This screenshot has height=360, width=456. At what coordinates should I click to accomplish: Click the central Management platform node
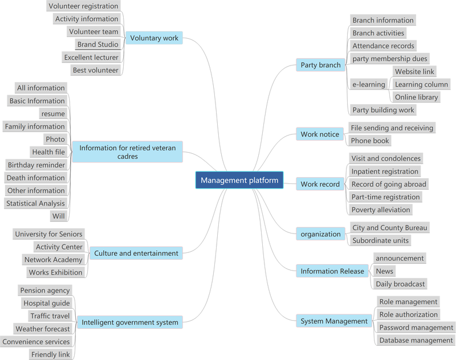239,180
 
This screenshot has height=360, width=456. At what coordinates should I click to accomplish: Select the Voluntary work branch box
154,38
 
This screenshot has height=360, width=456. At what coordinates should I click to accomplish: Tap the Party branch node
320,65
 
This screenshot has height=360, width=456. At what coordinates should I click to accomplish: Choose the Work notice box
320,134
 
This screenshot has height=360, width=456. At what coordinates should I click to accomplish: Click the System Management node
334,321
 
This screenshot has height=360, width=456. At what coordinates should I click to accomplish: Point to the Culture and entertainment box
136,253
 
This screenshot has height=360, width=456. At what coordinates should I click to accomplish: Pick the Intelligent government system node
130,322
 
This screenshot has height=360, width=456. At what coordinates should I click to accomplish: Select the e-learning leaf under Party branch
369,84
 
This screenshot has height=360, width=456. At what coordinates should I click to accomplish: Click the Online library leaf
416,97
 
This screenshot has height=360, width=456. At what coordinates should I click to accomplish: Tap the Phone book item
369,141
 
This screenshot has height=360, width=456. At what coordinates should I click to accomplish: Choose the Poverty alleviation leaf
381,210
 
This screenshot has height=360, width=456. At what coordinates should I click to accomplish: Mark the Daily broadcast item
400,284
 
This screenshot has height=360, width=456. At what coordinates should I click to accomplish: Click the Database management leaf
416,340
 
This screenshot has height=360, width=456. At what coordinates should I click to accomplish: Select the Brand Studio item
97,44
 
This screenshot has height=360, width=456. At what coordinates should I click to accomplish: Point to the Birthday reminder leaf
36,165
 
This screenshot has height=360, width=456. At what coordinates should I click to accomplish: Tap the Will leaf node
59,216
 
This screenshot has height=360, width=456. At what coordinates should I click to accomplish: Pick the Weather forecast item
43,329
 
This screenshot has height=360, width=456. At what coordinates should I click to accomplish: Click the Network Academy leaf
53,260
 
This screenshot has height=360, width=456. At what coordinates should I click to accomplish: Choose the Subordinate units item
380,240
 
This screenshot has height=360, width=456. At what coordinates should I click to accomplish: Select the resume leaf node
53,113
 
